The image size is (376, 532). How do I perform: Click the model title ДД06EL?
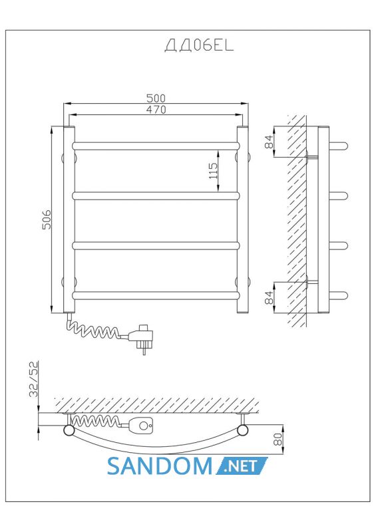coord(200,45)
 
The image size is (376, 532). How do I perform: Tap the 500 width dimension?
coord(156,98)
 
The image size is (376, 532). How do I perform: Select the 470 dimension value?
coord(156,110)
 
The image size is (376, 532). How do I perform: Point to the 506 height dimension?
coord(47,219)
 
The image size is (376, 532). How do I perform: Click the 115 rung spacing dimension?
coord(213,171)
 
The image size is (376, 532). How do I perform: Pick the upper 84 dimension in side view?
coord(269,142)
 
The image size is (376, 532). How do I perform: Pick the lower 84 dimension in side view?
coord(269,297)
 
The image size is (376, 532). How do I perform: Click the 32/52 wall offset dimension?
coord(34,379)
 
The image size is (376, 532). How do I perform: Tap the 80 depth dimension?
coord(278,439)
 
